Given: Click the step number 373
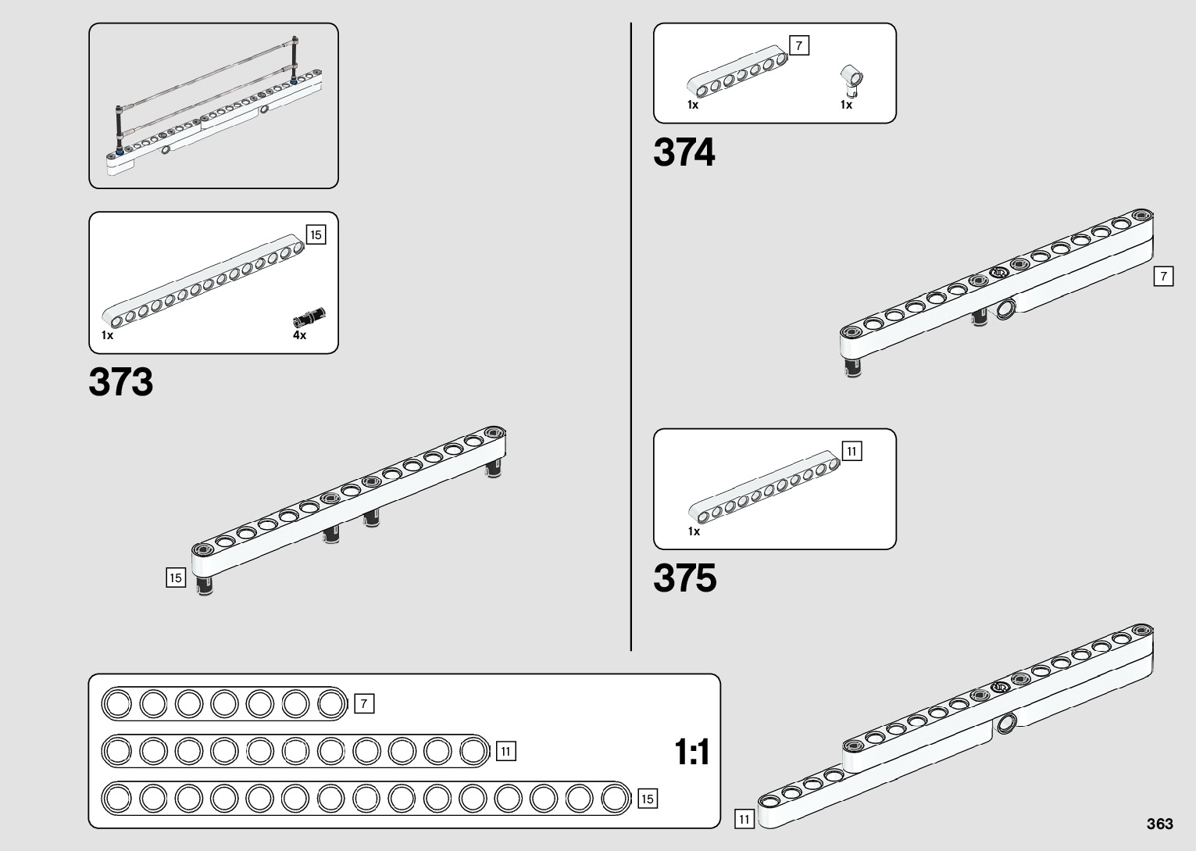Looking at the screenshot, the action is point(121,382).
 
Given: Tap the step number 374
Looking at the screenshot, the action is point(684,152).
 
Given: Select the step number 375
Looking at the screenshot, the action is point(685,579).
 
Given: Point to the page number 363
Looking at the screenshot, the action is point(1160,824).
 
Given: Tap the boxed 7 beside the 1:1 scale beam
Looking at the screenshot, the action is point(364,704).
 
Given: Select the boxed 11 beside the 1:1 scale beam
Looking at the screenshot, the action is point(505,752).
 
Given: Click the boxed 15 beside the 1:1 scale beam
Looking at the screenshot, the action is point(647,799).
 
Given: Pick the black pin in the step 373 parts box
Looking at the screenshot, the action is point(309,317).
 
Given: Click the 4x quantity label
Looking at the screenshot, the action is point(300,335).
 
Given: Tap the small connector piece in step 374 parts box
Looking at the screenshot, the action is point(851,78).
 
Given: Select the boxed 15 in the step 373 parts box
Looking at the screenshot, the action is point(316,234).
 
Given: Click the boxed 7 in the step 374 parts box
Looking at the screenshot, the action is point(799,46).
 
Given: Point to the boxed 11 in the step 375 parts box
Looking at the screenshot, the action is point(852,451).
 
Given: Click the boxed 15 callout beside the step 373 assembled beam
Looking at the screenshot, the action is point(176,577).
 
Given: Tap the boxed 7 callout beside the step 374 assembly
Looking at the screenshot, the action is point(1163,277).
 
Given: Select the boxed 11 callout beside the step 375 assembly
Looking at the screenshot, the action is point(744,819).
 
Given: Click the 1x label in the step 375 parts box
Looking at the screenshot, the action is point(694,531).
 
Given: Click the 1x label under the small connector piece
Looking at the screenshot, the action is point(847,105).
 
